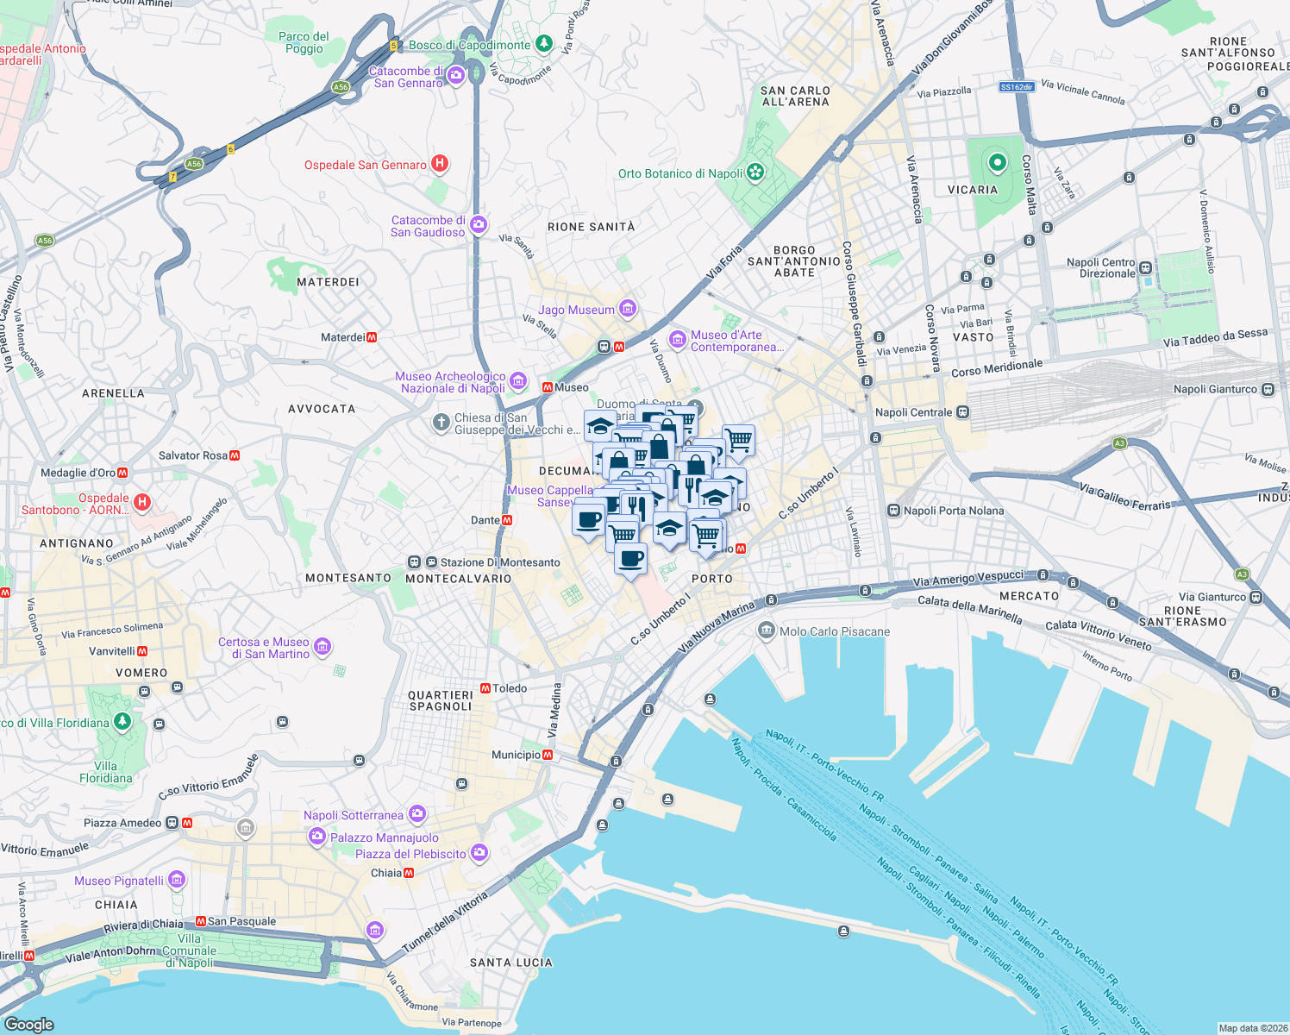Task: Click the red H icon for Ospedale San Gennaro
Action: click(x=439, y=163)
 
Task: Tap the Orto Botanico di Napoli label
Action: click(x=680, y=173)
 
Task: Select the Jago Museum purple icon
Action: click(x=628, y=308)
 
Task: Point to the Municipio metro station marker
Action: click(x=548, y=756)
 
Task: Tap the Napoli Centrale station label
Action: click(x=913, y=412)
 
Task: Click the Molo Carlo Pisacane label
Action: click(x=835, y=631)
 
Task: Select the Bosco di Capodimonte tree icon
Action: click(x=543, y=43)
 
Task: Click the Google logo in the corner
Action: click(x=28, y=1024)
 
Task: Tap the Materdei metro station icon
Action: click(x=372, y=337)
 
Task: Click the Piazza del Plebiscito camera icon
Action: click(x=479, y=853)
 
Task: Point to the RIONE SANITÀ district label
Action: click(x=591, y=227)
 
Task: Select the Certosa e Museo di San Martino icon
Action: click(x=322, y=646)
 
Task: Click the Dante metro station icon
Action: click(x=507, y=520)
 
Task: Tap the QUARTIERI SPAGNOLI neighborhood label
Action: click(x=440, y=700)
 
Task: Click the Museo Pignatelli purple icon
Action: click(x=177, y=880)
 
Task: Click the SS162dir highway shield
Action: click(x=1017, y=86)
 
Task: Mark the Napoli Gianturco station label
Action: click(x=1215, y=389)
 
